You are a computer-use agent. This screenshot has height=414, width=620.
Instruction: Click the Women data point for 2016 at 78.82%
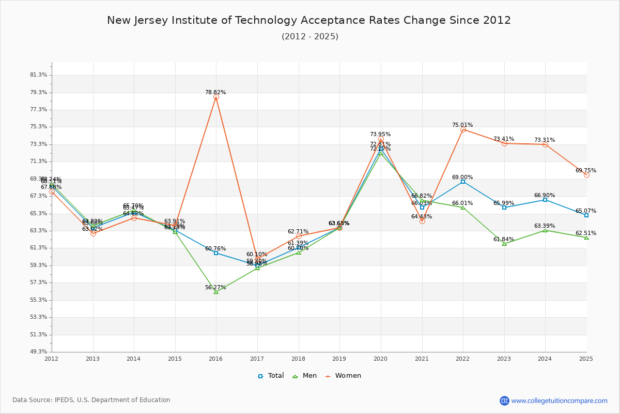pyautogui.click(x=216, y=97)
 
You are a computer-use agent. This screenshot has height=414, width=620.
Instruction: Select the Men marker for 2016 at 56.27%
pyautogui.click(x=216, y=292)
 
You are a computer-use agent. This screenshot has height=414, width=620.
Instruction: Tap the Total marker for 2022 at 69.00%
pyautogui.click(x=463, y=182)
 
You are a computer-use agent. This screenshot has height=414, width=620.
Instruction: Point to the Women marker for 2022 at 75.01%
pyautogui.click(x=463, y=130)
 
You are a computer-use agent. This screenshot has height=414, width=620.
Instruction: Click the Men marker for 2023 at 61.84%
pyautogui.click(x=504, y=244)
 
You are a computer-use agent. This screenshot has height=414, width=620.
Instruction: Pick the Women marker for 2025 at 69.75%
pyautogui.click(x=586, y=175)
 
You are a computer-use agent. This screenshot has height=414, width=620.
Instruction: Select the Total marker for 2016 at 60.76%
pyautogui.click(x=216, y=253)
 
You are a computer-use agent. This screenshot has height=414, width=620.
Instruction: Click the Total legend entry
pyautogui.click(x=271, y=376)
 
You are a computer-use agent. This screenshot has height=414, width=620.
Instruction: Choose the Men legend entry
pyautogui.click(x=306, y=376)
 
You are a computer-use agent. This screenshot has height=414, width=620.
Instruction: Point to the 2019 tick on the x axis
pyautogui.click(x=339, y=358)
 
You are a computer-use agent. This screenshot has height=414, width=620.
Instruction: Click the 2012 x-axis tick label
pyautogui.click(x=52, y=358)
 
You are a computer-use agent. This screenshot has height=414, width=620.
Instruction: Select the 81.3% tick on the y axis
pyautogui.click(x=39, y=75)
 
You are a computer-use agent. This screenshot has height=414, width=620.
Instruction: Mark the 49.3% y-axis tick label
pyautogui.click(x=39, y=352)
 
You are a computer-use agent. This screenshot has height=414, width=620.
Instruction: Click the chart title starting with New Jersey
pyautogui.click(x=309, y=20)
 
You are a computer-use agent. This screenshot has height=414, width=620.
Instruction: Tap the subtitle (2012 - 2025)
pyautogui.click(x=310, y=37)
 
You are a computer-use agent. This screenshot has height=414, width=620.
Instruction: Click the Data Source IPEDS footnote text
pyautogui.click(x=91, y=400)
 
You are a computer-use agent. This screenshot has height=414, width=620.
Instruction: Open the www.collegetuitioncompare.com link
pyautogui.click(x=559, y=401)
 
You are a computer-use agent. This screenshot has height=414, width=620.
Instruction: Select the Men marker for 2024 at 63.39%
pyautogui.click(x=545, y=230)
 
